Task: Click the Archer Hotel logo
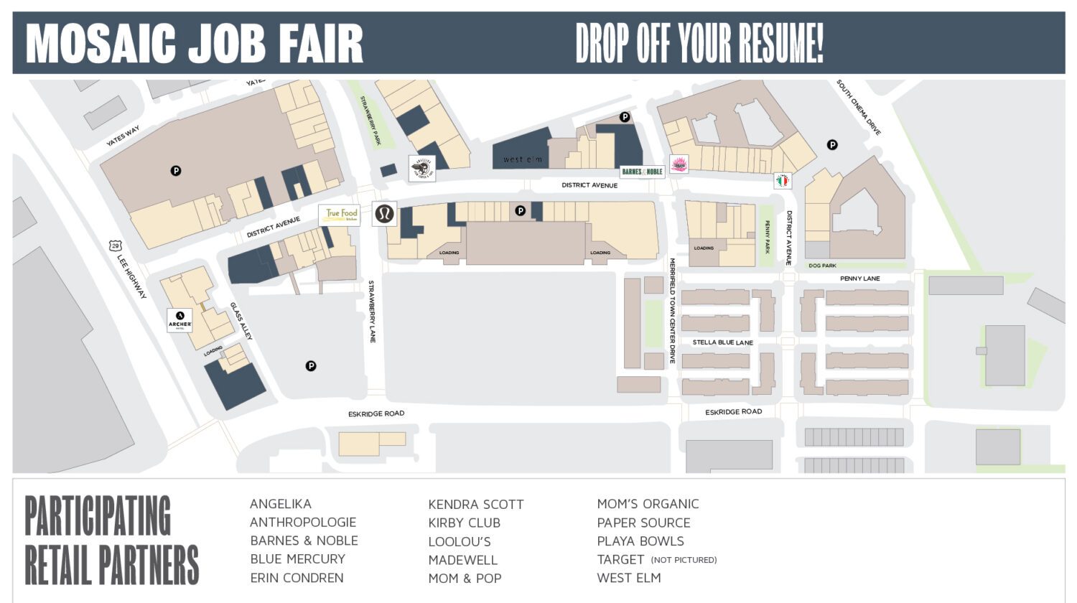tap(179, 319)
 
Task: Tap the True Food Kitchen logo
tap(340, 215)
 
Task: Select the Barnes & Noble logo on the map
tap(642, 172)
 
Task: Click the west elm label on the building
tap(522, 159)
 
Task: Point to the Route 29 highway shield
tap(115, 246)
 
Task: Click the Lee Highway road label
tap(132, 276)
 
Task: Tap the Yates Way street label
tap(123, 136)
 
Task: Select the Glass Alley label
tap(241, 321)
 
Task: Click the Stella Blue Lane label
tap(722, 342)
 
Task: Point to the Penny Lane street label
tap(859, 279)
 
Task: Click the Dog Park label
tap(822, 266)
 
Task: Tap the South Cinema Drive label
tap(858, 108)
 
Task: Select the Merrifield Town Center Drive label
tap(673, 311)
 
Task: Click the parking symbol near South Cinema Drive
tap(832, 145)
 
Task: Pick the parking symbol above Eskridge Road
tap(311, 366)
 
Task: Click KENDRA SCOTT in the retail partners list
tap(475, 505)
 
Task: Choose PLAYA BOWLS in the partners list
tap(640, 541)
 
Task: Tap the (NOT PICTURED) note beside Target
tap(684, 560)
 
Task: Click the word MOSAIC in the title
tap(101, 44)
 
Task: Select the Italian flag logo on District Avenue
tap(783, 181)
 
